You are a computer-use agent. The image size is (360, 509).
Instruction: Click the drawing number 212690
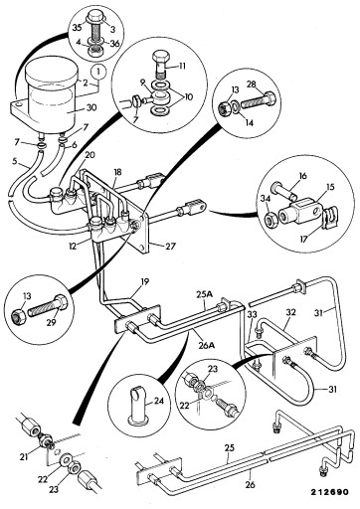(x=329, y=492)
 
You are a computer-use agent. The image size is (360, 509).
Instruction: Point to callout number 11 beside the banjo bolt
(x=182, y=66)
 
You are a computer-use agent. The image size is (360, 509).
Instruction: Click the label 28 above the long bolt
(x=252, y=85)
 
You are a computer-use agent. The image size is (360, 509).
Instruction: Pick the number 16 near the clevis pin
(x=303, y=176)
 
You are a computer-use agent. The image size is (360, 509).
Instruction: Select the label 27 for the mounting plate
(x=170, y=247)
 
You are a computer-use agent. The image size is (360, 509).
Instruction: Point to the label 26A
(x=208, y=345)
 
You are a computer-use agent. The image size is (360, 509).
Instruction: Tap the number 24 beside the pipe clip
(x=159, y=402)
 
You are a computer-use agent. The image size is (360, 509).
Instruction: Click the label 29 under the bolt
(x=51, y=322)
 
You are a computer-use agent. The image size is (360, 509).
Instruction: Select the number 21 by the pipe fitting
(x=24, y=457)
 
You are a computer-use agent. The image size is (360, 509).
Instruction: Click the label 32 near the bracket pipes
(x=290, y=312)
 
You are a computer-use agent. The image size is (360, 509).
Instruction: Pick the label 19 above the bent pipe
(x=144, y=281)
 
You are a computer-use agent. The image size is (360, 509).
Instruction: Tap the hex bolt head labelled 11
(x=161, y=57)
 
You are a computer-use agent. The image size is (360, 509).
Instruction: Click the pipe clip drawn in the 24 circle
(x=137, y=405)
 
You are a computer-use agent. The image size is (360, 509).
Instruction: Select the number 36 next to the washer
(x=115, y=44)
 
